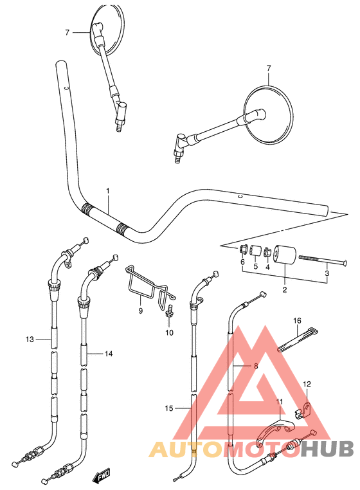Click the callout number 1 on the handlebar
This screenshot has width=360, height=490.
108,191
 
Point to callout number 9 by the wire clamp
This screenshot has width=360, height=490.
139,311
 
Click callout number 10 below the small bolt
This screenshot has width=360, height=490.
170,332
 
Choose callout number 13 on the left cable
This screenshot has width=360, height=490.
28,339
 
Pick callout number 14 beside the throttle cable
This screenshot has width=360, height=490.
108,354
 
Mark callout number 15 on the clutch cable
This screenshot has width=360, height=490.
169,408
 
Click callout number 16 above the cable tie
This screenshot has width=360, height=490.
298,320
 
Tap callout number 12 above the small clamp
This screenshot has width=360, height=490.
307,384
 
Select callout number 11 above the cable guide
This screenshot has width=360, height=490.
279,403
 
